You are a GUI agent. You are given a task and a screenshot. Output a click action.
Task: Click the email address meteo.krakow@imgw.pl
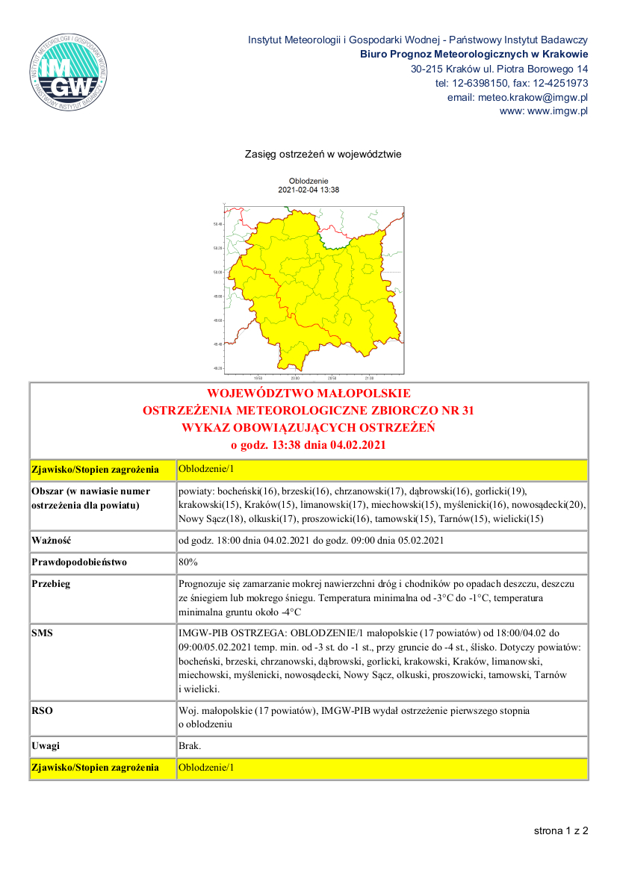coord(517,97)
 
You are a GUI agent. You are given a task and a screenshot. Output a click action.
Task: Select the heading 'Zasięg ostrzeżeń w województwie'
coord(323,155)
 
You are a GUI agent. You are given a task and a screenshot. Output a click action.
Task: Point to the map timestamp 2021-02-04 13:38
coord(308,190)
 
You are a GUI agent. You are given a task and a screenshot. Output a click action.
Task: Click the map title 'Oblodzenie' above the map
coord(308,181)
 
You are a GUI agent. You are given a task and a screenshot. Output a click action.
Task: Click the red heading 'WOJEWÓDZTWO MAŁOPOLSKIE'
coord(308,394)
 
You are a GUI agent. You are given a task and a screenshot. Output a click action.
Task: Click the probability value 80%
coord(188,562)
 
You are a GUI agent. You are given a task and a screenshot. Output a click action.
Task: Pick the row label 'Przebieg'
coord(51,584)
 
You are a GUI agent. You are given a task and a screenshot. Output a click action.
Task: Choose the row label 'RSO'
coord(42,711)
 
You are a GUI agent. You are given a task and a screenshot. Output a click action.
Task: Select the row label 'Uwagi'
coord(46,746)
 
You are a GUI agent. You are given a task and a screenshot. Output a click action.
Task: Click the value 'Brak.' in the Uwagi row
coord(190,746)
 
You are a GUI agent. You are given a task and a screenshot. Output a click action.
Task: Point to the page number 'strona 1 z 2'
coord(560,830)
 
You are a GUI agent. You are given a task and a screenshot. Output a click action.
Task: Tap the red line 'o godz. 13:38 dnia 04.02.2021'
coord(308,445)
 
